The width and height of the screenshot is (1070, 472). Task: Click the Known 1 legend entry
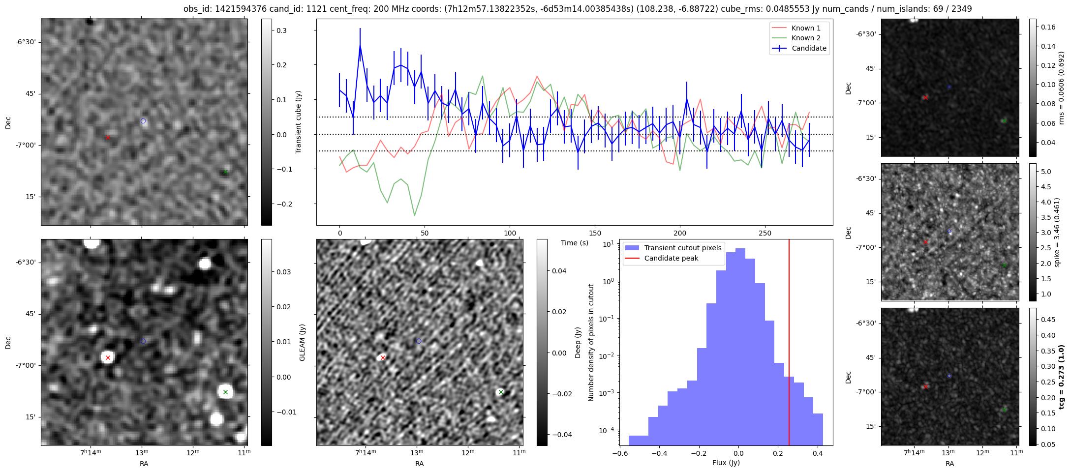[x=805, y=28]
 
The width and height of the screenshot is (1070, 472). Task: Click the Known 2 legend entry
[x=805, y=38]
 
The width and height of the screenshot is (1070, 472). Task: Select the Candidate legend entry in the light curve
[x=809, y=48]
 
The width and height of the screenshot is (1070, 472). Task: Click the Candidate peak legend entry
[x=671, y=258]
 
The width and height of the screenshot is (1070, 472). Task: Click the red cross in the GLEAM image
[x=108, y=357]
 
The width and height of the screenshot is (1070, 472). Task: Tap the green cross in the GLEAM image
[x=225, y=392]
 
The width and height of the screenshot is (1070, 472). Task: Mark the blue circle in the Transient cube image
[x=143, y=121]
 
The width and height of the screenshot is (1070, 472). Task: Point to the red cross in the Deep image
[x=383, y=357]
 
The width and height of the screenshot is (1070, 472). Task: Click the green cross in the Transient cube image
[x=225, y=172]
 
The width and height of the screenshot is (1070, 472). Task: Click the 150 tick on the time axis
[x=595, y=233]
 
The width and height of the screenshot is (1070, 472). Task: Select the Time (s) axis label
[x=575, y=243]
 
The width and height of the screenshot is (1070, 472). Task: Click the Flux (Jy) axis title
[x=726, y=463]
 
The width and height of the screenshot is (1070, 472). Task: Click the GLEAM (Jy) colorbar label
[x=302, y=342]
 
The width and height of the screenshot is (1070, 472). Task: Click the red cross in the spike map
[x=925, y=242]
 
